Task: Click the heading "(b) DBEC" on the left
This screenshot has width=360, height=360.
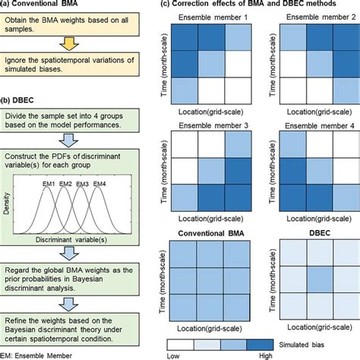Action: point(18,99)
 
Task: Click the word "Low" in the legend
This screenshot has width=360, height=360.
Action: point(173,355)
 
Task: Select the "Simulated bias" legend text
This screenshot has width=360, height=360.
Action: point(320,343)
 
